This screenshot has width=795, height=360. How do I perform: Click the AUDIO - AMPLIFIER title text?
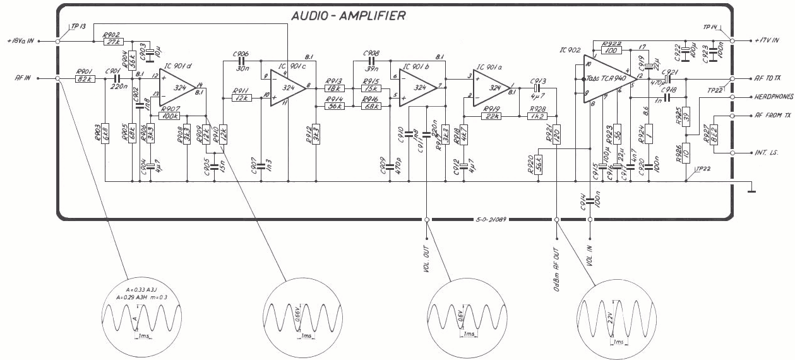point(349,16)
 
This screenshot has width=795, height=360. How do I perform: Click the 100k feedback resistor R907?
point(170,116)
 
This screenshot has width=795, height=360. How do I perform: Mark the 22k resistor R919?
point(492,116)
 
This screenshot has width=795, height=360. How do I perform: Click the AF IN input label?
point(24,79)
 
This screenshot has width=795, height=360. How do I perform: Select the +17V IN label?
point(766,40)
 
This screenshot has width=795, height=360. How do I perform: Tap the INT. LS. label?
point(766,153)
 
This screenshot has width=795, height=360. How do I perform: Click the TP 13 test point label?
point(78,27)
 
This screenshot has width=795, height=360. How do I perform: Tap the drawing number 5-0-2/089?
point(493,220)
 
